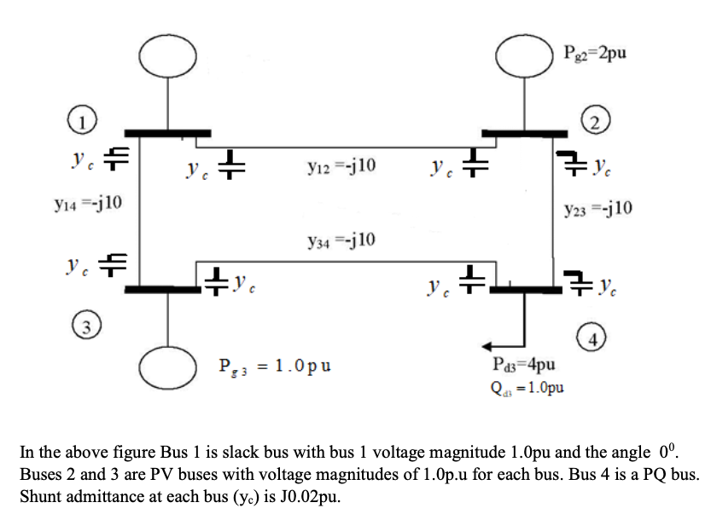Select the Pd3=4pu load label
(526, 366)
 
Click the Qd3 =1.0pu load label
(529, 386)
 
